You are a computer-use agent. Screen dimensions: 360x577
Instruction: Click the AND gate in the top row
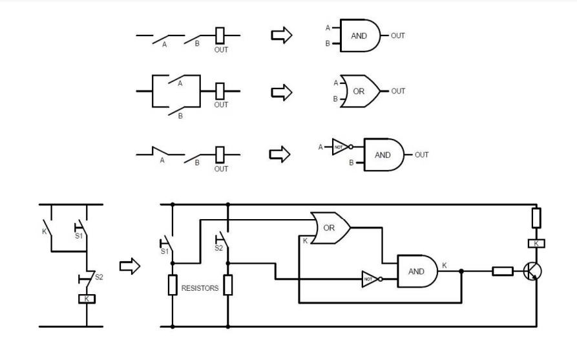pos(359,36)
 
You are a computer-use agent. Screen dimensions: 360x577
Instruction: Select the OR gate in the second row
pos(358,91)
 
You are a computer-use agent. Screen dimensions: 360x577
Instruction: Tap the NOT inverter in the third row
pos(340,146)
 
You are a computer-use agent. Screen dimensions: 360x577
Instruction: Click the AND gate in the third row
pos(383,155)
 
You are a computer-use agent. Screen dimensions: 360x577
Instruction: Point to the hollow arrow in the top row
pos(281,36)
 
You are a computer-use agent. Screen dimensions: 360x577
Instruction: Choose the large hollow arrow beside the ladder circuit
pos(130,266)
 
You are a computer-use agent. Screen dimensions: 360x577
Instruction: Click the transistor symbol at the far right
pos(532,271)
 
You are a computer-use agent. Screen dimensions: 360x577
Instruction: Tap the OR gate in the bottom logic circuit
pos(330,228)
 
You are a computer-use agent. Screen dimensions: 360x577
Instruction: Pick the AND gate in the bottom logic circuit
pos(417,271)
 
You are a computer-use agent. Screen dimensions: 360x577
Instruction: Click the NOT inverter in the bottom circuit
pos(370,280)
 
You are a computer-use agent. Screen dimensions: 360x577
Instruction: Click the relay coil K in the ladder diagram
pos(86,299)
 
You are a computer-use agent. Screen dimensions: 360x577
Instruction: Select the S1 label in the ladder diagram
pos(78,236)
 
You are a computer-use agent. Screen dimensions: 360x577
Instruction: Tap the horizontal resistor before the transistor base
pos(502,271)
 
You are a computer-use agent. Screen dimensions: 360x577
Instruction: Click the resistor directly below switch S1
pos(172,285)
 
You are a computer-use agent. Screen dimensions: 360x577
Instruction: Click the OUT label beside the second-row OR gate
pos(398,91)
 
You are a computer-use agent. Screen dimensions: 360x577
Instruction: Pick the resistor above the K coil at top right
pos(536,218)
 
